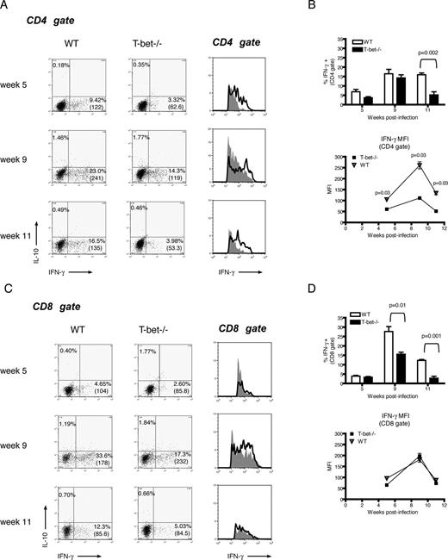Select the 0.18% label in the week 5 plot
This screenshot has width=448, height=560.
61,64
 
